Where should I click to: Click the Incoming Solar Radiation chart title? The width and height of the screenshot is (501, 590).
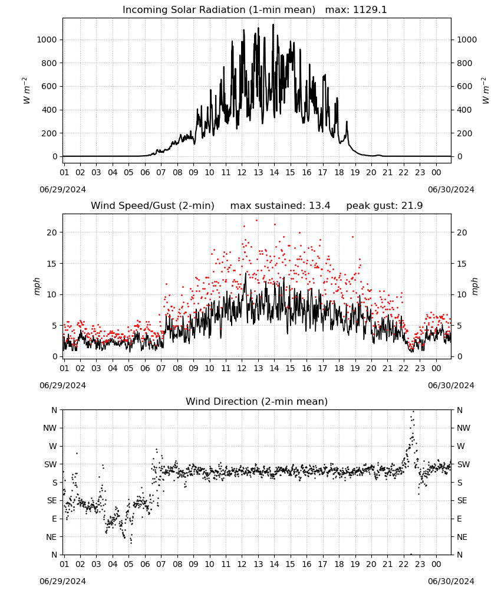pyautogui.click(x=219, y=10)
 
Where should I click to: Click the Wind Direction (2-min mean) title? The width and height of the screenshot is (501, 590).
pyautogui.click(x=257, y=401)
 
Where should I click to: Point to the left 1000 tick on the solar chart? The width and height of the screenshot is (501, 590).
pyautogui.click(x=47, y=40)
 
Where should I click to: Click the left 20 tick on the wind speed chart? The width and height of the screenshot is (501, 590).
pyautogui.click(x=52, y=232)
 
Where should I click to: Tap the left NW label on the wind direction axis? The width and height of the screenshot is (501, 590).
pyautogui.click(x=50, y=428)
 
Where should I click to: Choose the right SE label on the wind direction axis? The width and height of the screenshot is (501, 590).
pyautogui.click(x=462, y=500)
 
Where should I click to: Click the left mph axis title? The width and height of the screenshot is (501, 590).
pyautogui.click(x=37, y=286)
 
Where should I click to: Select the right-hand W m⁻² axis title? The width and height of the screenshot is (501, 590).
pyautogui.click(x=485, y=91)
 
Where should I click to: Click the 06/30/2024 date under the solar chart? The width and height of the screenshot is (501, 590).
pyautogui.click(x=451, y=189)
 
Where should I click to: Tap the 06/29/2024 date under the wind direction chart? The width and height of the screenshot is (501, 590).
pyautogui.click(x=62, y=581)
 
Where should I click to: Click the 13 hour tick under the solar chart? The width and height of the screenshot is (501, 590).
pyautogui.click(x=258, y=172)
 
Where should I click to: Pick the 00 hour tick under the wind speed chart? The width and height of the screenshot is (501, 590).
pyautogui.click(x=436, y=368)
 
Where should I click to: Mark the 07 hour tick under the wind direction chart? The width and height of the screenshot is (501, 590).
pyautogui.click(x=161, y=564)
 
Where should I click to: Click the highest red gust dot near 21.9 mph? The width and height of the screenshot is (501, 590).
pyautogui.click(x=257, y=221)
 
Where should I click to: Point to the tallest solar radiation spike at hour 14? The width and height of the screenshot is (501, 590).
pyautogui.click(x=273, y=24)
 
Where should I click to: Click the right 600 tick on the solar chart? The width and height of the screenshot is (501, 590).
pyautogui.click(x=464, y=86)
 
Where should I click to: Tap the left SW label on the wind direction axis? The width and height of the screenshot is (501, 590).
pyautogui.click(x=50, y=464)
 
